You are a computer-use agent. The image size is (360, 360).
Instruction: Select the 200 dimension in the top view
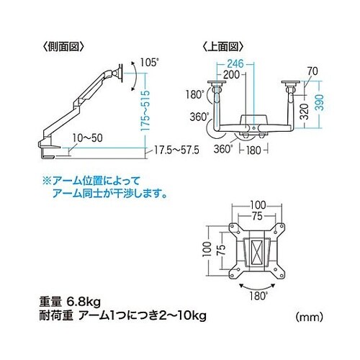(x=231, y=74)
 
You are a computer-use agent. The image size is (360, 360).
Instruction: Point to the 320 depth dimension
(x=305, y=112)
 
